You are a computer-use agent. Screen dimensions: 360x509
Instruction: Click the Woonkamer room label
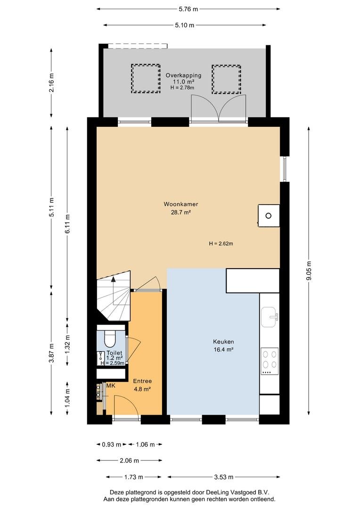pyautogui.click(x=180, y=204)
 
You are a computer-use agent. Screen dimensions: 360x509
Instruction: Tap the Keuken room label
pyautogui.click(x=223, y=342)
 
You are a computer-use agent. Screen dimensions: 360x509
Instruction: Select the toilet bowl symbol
pyautogui.click(x=110, y=338)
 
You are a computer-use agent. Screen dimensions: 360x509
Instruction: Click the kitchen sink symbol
pyautogui.click(x=270, y=317)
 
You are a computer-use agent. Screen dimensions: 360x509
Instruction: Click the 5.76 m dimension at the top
pyautogui.click(x=188, y=9)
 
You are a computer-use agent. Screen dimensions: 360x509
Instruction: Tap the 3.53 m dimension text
pyautogui.click(x=224, y=477)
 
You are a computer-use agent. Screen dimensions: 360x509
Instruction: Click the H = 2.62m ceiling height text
pyautogui.click(x=221, y=244)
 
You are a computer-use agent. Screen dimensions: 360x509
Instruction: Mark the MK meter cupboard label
pyautogui.click(x=111, y=386)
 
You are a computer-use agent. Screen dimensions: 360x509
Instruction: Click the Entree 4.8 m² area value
pyautogui.click(x=142, y=389)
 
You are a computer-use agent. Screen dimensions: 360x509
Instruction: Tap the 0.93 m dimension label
pyautogui.click(x=111, y=444)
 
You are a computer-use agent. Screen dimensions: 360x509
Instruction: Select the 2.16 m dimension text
pyautogui.click(x=51, y=83)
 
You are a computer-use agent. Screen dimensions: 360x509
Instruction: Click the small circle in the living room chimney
pyautogui.click(x=269, y=215)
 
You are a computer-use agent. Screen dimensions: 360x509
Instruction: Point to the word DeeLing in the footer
pyautogui.click(x=217, y=493)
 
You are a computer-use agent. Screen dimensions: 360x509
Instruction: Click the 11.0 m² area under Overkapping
pyautogui.click(x=183, y=82)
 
